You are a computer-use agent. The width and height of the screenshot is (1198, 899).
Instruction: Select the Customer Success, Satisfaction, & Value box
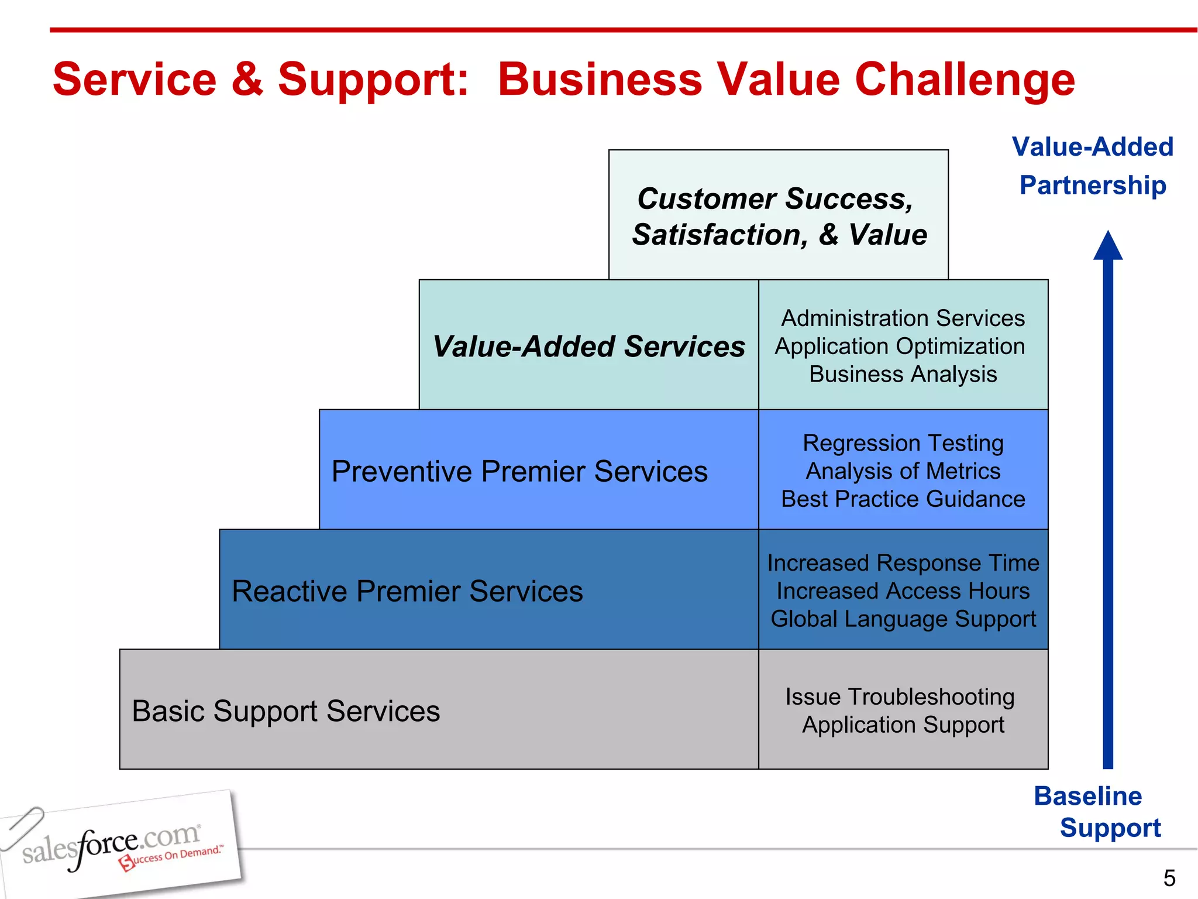[x=778, y=216]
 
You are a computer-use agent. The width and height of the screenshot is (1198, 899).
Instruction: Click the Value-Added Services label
[x=588, y=346]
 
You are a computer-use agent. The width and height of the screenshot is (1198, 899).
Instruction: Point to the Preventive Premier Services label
[x=519, y=471]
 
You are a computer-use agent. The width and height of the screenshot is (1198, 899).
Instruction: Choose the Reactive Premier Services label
[x=407, y=591]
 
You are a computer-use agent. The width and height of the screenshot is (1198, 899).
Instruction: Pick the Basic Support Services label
[x=285, y=711]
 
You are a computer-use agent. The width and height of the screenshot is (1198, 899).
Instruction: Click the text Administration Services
[x=903, y=318]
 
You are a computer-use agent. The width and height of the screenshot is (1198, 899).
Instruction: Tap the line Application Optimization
[x=900, y=346]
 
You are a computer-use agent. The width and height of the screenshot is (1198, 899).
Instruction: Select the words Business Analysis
[x=903, y=374]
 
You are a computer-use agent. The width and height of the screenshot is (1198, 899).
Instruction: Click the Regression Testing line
[x=903, y=443]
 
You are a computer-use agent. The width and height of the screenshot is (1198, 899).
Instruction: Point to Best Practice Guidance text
[x=903, y=499]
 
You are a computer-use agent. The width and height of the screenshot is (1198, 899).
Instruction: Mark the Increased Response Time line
[x=903, y=563]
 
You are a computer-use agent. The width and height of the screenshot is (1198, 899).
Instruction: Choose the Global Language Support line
[x=903, y=619]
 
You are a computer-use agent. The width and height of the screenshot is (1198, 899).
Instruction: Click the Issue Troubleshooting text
[x=900, y=697]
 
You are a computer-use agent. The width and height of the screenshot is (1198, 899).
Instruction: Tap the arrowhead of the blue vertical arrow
[x=1108, y=246]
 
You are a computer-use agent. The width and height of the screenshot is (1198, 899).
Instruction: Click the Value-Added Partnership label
[x=1092, y=166]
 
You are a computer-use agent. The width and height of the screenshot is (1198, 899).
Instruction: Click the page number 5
[x=1169, y=878]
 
